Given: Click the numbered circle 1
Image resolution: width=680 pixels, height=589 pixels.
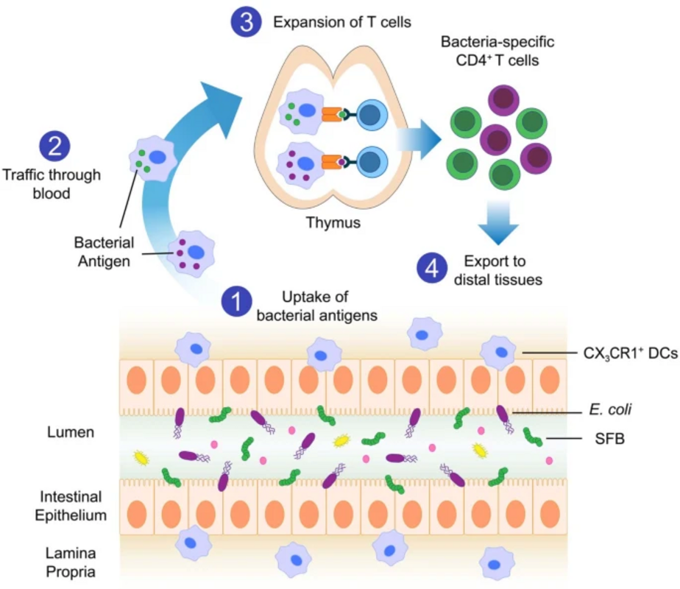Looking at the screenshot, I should point(237,301).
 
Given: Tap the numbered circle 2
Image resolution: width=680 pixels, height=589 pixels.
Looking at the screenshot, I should point(54,145).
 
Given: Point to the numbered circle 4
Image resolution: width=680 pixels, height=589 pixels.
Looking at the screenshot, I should point(433,267).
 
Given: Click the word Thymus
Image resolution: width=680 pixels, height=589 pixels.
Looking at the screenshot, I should point(335,221).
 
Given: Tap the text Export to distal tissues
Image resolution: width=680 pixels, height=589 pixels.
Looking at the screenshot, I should point(497,271).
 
